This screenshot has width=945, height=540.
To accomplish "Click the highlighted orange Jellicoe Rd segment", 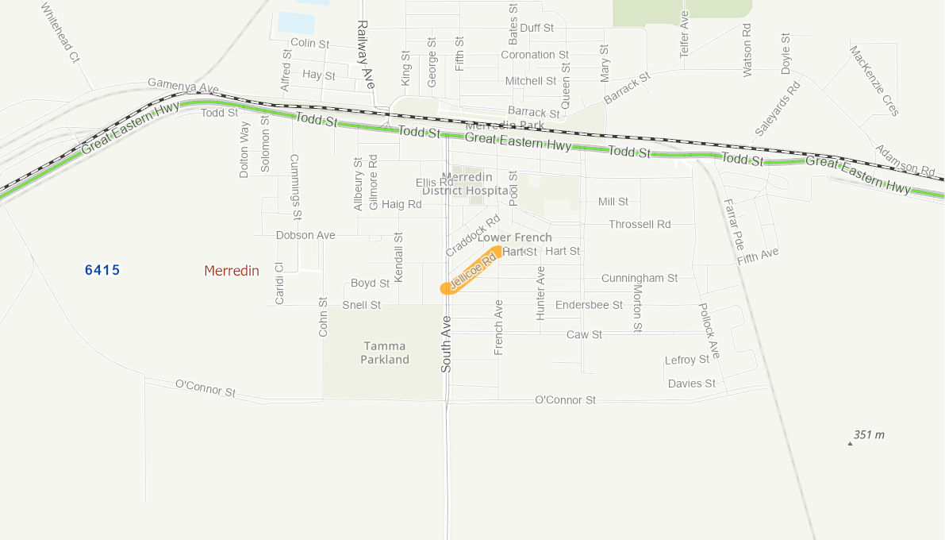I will pyautogui.click(x=471, y=271).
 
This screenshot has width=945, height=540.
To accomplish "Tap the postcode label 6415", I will pyautogui.click(x=102, y=270).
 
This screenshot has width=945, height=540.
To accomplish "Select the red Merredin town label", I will pyautogui.click(x=232, y=271).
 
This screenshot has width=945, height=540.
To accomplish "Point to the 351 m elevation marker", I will pyautogui.click(x=867, y=435).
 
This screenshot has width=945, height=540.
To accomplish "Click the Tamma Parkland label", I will pyautogui.click(x=385, y=353).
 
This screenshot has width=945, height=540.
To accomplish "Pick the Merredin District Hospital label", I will pyautogui.click(x=466, y=183).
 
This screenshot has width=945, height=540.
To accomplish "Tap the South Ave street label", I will pyautogui.click(x=446, y=344).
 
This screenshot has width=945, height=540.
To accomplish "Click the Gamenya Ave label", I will pyautogui.click(x=182, y=85).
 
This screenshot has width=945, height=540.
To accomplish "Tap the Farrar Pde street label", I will pyautogui.click(x=734, y=224).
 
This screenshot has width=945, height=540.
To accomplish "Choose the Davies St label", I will pyautogui.click(x=691, y=384).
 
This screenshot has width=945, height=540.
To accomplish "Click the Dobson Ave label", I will pyautogui.click(x=305, y=235).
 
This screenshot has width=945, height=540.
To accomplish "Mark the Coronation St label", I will pyautogui.click(x=535, y=55).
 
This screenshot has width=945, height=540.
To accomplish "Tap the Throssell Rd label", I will pyautogui.click(x=640, y=224).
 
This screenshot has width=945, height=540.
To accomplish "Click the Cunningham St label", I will pyautogui.click(x=640, y=278).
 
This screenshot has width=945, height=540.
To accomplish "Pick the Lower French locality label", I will pyautogui.click(x=515, y=237).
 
